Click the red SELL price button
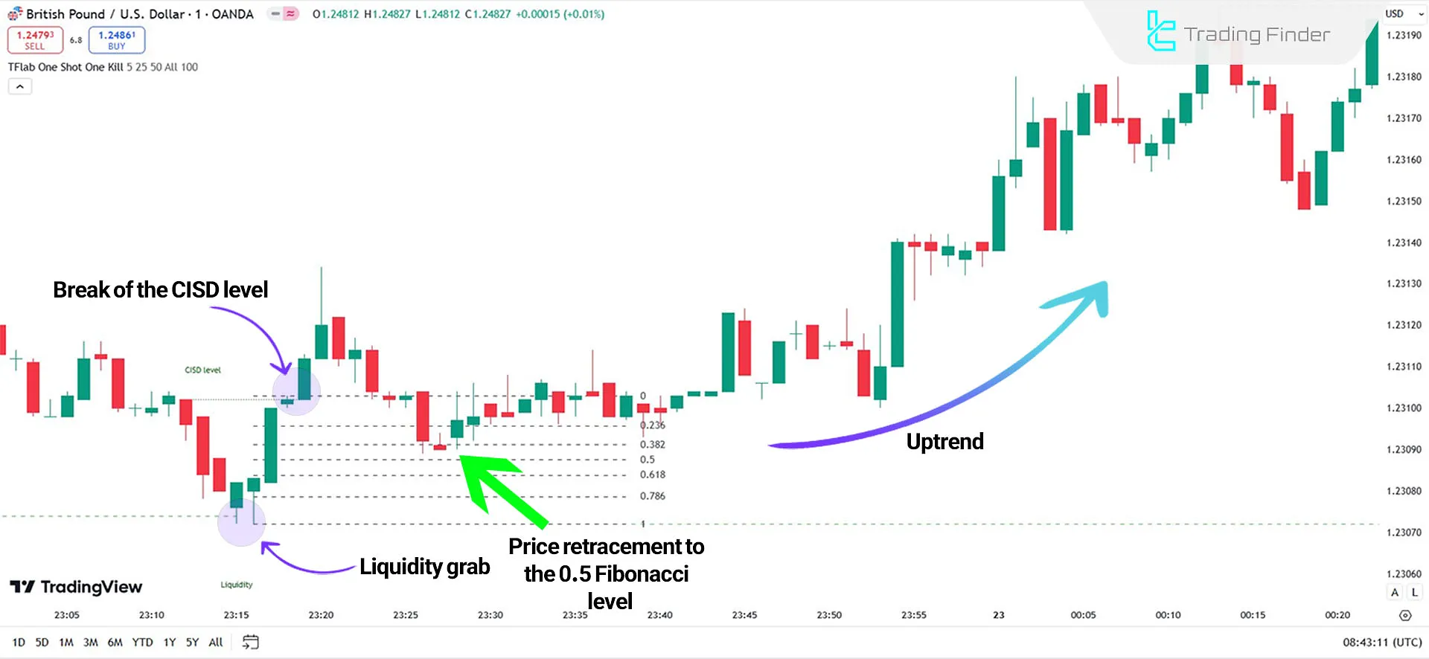point(35,40)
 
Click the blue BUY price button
point(116,40)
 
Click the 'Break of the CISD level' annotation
point(160,289)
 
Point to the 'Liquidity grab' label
point(424,567)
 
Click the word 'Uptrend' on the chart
point(944,442)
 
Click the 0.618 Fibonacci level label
point(652,475)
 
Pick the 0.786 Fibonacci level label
point(652,496)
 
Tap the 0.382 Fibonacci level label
point(652,445)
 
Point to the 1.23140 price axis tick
point(1403,242)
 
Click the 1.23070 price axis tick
point(1403,533)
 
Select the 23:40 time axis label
point(659,615)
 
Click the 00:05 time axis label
point(1083,615)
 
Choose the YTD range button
point(142,643)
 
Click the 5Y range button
point(192,643)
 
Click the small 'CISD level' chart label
point(202,370)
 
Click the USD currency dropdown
point(1403,13)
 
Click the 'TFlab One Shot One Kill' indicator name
point(65,67)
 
